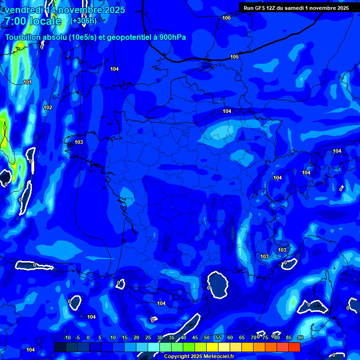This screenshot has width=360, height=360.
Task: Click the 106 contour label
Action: point(227,18)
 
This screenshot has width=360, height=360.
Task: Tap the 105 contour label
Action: point(234,57)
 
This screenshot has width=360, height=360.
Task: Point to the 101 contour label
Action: point(28,82)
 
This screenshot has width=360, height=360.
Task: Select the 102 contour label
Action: point(48,107)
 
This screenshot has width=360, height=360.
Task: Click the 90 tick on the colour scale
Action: point(300,337)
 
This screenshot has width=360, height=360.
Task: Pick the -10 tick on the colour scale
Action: point(67,337)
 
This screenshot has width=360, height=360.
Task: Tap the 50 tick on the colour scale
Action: point(207,337)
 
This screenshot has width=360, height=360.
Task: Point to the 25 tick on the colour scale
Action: point(148,337)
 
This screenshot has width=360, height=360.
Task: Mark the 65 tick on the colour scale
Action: point(242,337)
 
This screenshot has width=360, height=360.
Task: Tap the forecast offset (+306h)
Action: point(83,21)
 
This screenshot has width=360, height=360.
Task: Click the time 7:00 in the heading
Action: point(16,21)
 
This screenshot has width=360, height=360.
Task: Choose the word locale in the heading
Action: point(47,21)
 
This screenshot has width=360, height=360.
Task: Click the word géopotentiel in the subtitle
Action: point(127,37)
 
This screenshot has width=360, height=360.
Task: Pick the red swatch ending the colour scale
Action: point(294,347)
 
